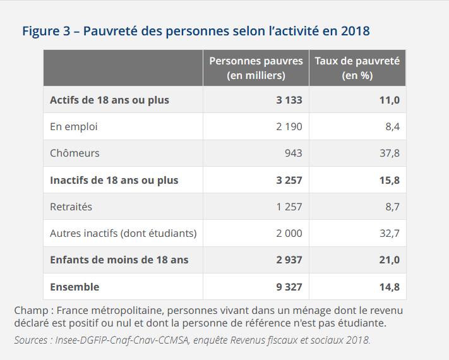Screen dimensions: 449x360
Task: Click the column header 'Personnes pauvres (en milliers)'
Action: coord(256,68)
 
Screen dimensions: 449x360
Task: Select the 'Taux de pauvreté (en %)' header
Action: coord(357,68)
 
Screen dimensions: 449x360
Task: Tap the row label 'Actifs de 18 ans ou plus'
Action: coord(109,100)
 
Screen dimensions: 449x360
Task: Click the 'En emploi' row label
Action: coord(74,126)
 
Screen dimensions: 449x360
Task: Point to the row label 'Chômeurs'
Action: coord(75,153)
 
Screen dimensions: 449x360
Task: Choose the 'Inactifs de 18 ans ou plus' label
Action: coord(114,181)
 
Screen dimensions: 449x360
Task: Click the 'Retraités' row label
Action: coord(71,207)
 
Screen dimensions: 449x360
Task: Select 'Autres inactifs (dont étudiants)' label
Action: coord(123,234)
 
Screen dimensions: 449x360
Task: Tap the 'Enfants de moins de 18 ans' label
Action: coord(119,260)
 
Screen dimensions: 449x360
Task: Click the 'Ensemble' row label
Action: coord(75,287)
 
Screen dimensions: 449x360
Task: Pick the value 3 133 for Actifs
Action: coord(289,100)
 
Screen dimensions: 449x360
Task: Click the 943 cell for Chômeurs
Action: coord(294,153)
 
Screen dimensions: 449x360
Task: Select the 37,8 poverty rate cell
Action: coord(390,153)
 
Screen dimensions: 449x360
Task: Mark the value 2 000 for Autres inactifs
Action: coord(289,234)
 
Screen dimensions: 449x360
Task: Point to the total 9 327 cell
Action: coord(289,287)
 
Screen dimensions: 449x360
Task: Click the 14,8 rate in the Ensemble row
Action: coord(390,287)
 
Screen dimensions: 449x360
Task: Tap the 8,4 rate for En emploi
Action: coord(393,126)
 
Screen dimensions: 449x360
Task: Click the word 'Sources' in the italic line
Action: coord(31,340)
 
